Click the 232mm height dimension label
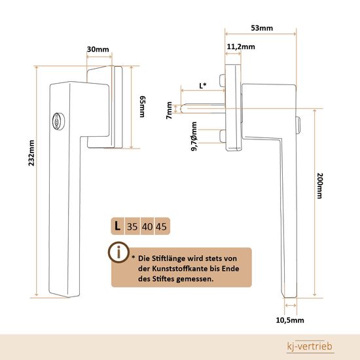31,153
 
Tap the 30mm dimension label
98,49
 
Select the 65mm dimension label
143,107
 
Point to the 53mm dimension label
262,28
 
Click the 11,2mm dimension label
241,47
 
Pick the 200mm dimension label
320,186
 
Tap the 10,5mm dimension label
290,320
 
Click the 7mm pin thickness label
170,110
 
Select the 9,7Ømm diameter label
194,136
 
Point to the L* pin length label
203,86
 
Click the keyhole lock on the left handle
58,122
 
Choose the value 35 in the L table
132,226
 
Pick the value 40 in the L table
147,226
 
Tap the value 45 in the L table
161,226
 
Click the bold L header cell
118,226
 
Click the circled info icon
118,252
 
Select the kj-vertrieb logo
310,346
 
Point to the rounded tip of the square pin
181,109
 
